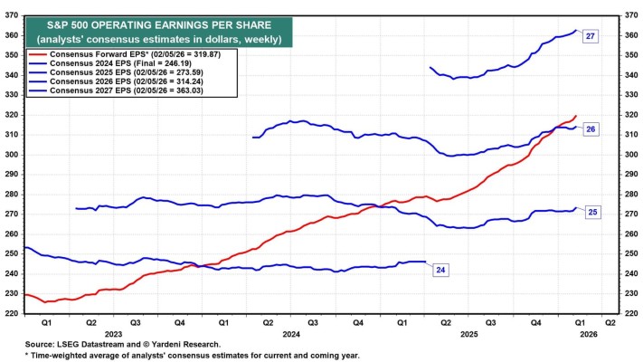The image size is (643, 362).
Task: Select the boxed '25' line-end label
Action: click(591, 212)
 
